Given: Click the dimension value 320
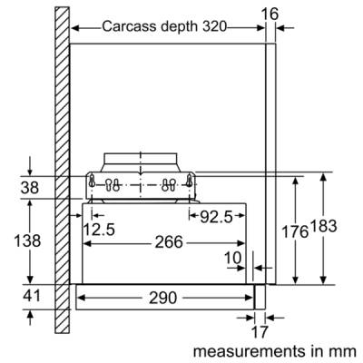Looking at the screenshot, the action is pyautogui.click(x=214, y=26).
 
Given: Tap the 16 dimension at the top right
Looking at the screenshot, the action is pyautogui.click(x=270, y=14).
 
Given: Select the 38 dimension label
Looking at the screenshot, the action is pyautogui.click(x=30, y=188).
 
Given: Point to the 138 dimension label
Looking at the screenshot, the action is pyautogui.click(x=27, y=241).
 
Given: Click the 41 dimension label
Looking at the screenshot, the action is pyautogui.click(x=32, y=296).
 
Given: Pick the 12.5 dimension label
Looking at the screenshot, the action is pyautogui.click(x=99, y=230).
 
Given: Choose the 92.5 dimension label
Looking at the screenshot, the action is pyautogui.click(x=217, y=217).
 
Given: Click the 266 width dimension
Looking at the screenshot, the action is pyautogui.click(x=169, y=242).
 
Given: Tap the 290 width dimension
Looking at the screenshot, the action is pyautogui.click(x=162, y=298).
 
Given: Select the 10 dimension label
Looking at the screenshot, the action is pyautogui.click(x=233, y=258).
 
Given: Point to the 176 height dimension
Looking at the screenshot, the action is pyautogui.click(x=295, y=232).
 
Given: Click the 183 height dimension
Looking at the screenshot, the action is pyautogui.click(x=323, y=226).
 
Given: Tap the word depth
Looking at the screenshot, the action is pyautogui.click(x=180, y=27).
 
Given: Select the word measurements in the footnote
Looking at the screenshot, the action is pyautogui.click(x=249, y=352).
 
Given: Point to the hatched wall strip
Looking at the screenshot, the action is pyautogui.click(x=62, y=170).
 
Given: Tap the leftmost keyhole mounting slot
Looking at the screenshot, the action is pyautogui.click(x=93, y=181).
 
